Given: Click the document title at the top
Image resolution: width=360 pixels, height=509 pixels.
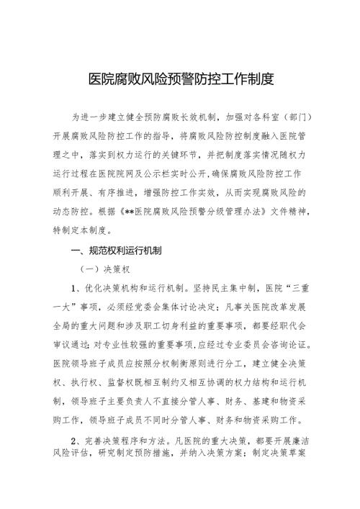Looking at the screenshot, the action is tap(180, 78).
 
